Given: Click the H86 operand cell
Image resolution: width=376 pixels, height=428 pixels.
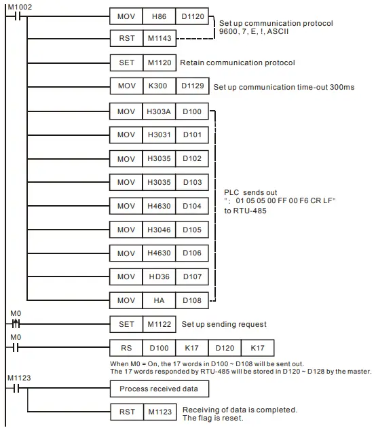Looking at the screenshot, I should [x=160, y=15].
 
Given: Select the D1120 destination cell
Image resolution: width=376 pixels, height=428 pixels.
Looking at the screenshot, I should [x=193, y=15].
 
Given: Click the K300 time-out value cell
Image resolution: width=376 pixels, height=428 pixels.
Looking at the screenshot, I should [x=160, y=86].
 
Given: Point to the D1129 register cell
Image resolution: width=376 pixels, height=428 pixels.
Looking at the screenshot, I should [x=193, y=86].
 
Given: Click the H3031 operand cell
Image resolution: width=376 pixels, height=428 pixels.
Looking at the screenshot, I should [x=160, y=135].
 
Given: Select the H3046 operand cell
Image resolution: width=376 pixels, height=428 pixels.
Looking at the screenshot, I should [x=160, y=230].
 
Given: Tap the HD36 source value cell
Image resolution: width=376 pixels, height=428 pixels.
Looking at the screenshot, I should [x=160, y=277].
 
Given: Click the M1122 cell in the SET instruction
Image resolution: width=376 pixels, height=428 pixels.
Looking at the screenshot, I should [x=160, y=325].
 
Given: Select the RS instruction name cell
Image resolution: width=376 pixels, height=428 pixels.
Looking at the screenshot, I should [x=127, y=349].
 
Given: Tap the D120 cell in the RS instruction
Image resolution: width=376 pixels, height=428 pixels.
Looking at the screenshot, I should [x=225, y=349].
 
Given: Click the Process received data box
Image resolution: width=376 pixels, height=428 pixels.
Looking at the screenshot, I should [x=159, y=389].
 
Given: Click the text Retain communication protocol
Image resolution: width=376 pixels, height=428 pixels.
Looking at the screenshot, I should [x=237, y=63].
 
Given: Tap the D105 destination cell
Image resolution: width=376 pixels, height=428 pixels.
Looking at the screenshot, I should [x=193, y=230].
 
